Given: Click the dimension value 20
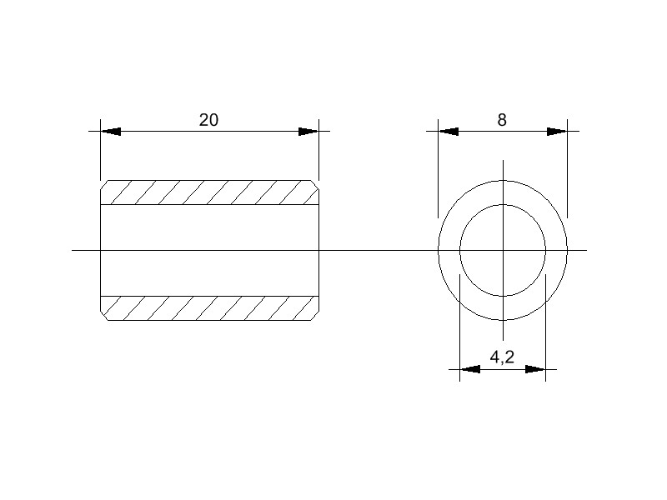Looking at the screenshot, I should (208, 120).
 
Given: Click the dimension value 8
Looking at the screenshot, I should (502, 120).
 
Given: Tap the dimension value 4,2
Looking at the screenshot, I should (502, 357).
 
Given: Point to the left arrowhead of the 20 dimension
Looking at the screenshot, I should (111, 131).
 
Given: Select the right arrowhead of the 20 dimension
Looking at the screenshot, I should (308, 131).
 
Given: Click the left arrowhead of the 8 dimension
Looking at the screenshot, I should (449, 131).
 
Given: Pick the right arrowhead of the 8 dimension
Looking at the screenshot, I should (557, 131).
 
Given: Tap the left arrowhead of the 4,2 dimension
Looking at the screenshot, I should (470, 368).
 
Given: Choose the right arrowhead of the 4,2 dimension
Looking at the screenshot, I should (535, 368).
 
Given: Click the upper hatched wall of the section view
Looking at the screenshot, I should (208, 192).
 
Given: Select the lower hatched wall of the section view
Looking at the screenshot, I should (208, 307).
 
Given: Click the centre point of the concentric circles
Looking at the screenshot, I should (503, 250).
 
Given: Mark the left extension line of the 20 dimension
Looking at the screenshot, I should (100, 154).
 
